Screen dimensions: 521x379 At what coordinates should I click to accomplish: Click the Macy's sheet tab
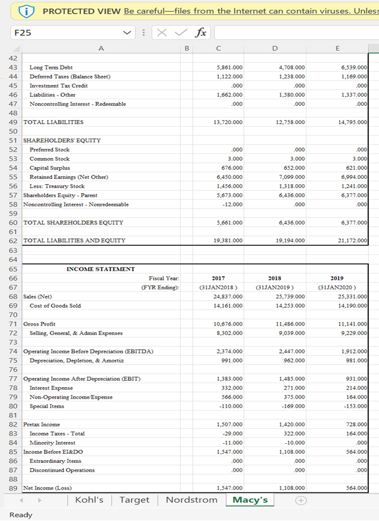click(x=250, y=500)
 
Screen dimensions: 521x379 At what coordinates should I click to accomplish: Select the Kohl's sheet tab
click(x=90, y=500)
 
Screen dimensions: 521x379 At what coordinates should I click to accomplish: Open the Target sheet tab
click(x=134, y=500)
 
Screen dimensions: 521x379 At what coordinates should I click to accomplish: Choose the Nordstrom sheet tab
click(x=192, y=500)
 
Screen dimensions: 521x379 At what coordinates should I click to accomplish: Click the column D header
click(x=274, y=48)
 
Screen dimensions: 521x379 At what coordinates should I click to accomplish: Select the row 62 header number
click(x=12, y=241)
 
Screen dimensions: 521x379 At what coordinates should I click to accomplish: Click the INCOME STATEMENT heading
click(x=101, y=269)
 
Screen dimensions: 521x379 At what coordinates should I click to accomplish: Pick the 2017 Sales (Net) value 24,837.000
click(x=227, y=296)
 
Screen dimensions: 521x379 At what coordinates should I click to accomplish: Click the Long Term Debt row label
click(x=51, y=68)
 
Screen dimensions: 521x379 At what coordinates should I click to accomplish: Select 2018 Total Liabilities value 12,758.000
click(x=290, y=122)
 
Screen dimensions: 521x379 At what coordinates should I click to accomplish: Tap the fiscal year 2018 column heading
click(x=275, y=277)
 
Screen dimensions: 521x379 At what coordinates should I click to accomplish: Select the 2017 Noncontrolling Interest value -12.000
click(x=233, y=204)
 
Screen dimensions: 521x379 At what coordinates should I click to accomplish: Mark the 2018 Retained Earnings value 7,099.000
click(x=292, y=177)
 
